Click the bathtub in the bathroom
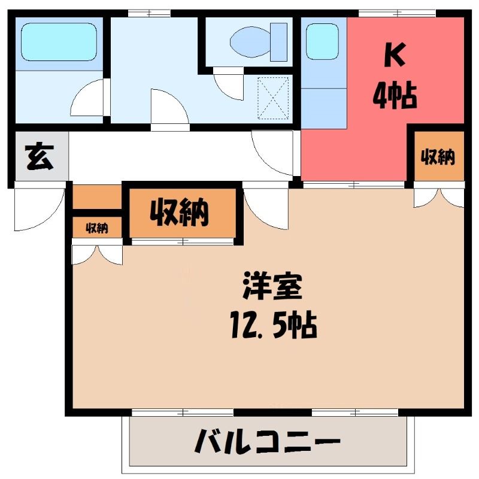[59, 41]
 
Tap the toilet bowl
[250, 42]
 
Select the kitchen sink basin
[322, 41]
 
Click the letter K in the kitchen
[395, 55]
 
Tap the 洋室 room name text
[272, 287]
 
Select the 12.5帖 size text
[274, 325]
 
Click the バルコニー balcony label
[267, 441]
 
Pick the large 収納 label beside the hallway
[180, 213]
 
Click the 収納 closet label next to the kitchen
[438, 157]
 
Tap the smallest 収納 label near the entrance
[97, 228]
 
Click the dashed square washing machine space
[273, 98]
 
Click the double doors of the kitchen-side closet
[439, 198]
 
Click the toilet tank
[278, 42]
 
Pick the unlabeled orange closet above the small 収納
[97, 197]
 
